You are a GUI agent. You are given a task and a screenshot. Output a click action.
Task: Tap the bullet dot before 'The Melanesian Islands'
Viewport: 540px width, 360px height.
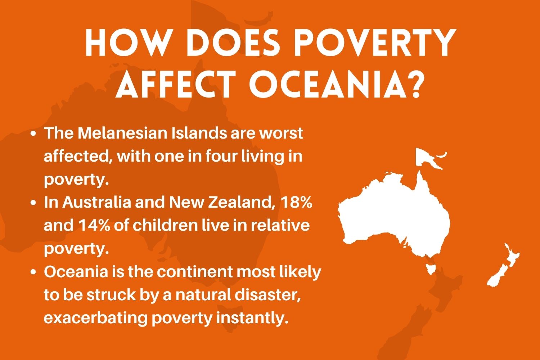[33, 134]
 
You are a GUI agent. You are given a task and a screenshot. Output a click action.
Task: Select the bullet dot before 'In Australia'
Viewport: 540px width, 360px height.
[33, 203]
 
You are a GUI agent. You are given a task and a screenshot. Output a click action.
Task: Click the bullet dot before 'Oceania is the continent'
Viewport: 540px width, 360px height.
[33, 272]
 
